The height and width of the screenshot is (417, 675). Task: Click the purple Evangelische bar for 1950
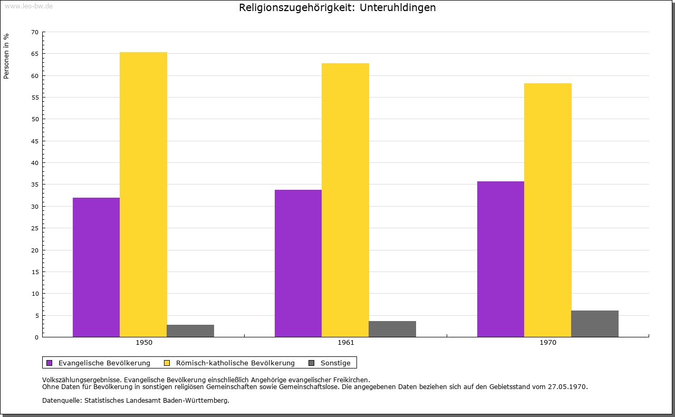(96, 267)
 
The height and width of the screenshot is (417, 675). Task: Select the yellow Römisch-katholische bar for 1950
(143, 195)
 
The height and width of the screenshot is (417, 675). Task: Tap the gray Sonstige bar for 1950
(190, 331)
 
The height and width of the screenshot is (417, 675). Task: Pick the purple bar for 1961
(298, 263)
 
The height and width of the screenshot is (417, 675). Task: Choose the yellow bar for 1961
(345, 200)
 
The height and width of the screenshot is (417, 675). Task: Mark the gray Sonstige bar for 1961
(392, 329)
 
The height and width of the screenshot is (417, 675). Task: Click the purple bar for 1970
(500, 259)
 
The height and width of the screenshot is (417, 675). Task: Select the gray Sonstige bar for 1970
(595, 324)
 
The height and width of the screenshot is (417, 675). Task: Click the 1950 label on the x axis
(144, 343)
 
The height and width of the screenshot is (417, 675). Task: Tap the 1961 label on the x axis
(346, 343)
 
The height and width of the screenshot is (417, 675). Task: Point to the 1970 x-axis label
(548, 343)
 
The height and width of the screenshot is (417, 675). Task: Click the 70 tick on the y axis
(35, 32)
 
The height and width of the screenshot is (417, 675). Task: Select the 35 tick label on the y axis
(35, 185)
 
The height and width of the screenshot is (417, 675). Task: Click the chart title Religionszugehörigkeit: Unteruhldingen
(337, 8)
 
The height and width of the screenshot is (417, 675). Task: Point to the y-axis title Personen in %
(6, 56)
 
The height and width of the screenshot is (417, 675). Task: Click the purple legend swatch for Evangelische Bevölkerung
(50, 363)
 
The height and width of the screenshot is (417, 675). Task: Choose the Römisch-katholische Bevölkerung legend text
(235, 363)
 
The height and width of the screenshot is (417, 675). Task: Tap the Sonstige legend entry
(335, 363)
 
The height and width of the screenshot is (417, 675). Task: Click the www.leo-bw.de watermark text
(28, 6)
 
